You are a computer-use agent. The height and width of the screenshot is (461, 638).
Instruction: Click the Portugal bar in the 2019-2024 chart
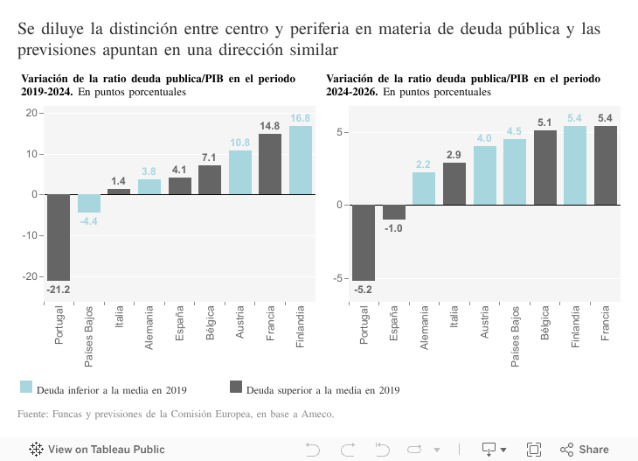[x=59, y=237]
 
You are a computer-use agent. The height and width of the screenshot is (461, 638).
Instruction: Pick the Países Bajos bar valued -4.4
[x=89, y=203]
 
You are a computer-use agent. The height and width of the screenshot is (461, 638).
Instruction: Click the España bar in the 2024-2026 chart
[x=394, y=212]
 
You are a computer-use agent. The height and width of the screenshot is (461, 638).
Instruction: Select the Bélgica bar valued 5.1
[x=545, y=167]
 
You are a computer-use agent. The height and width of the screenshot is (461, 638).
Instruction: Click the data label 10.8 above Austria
[x=240, y=143]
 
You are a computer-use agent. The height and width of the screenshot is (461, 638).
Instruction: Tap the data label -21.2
[x=59, y=290]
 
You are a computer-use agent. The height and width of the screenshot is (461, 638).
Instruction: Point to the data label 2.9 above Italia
[x=454, y=155]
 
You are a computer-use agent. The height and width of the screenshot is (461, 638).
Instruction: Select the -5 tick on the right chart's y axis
[x=342, y=278]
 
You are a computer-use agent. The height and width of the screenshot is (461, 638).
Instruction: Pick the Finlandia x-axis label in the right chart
[x=575, y=326]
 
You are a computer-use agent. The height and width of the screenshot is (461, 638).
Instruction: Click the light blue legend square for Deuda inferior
[x=26, y=387]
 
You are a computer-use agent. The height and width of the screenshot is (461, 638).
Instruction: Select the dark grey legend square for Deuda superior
[x=235, y=387]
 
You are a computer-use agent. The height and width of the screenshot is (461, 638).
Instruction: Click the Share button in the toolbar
[x=585, y=450]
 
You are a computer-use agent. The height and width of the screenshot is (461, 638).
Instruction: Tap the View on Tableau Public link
[x=97, y=450]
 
